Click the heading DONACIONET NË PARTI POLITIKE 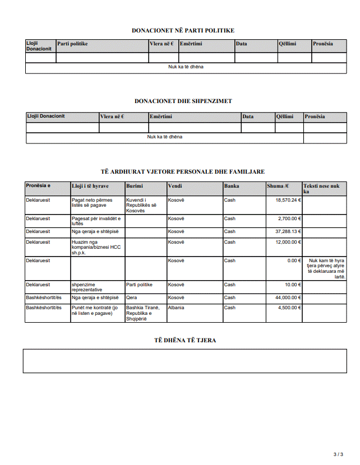[183, 30]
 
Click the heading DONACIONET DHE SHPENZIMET [183, 101]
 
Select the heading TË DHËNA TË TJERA [185, 340]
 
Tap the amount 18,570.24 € [288, 199]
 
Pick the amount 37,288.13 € [288, 231]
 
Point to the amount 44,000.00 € [288, 297]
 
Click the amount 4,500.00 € [290, 308]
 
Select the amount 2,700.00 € [290, 218]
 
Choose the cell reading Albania [176, 308]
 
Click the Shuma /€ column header [278, 186]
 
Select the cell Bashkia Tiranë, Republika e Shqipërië [143, 313]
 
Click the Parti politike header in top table [72, 44]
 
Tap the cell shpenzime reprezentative [87, 287]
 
